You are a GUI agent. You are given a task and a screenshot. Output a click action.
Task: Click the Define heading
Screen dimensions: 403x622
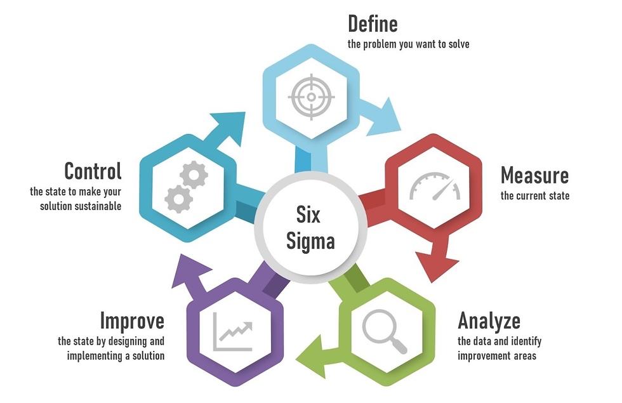coord(373,24)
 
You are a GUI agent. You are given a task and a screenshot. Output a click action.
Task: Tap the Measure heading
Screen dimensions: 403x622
coord(534,175)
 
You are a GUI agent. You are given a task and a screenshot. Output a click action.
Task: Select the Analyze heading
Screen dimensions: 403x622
coord(489,320)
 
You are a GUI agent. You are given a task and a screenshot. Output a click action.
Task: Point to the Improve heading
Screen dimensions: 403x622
coord(132,320)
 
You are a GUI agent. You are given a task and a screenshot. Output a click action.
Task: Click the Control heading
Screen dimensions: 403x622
coord(93,171)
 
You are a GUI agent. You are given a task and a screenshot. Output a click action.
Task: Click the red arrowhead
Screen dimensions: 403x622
coord(438,263)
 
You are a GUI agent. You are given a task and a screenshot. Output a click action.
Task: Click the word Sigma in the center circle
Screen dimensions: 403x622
coord(310,241)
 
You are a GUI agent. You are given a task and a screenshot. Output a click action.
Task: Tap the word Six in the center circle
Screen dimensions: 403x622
coord(309,215)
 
